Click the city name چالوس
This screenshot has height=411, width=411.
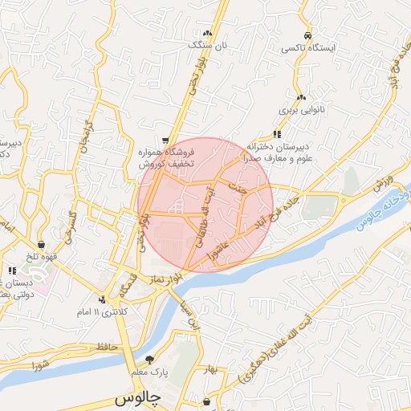138,397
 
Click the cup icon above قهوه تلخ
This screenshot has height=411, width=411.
41,244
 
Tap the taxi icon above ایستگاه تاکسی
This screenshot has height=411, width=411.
307,35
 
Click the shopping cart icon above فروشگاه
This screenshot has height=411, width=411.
165,138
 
